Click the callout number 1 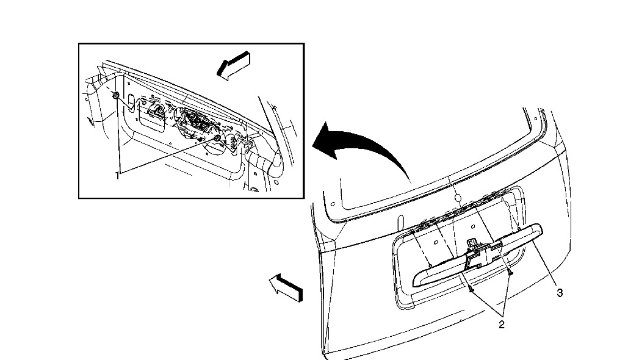[x=117, y=175]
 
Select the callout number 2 [x=501, y=324]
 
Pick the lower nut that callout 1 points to [x=217, y=139]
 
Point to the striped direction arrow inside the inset [x=233, y=65]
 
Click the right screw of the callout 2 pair [x=509, y=275]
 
